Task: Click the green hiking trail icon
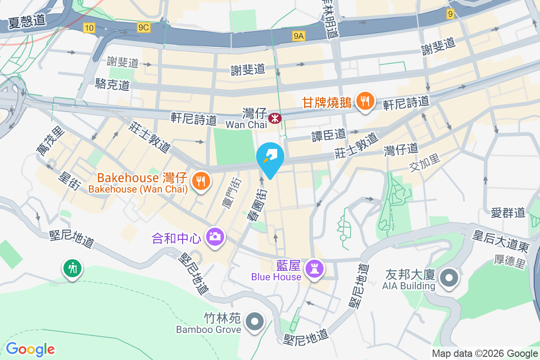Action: coord(72,269)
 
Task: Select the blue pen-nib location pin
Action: coord(270,158)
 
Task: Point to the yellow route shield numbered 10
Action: coord(89,28)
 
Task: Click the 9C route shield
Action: coord(144,27)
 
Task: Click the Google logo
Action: coord(30,349)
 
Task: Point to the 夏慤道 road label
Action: coord(27,22)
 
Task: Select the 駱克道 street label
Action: coord(112,84)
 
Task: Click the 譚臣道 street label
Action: coord(329,134)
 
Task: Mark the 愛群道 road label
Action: coord(508,212)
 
